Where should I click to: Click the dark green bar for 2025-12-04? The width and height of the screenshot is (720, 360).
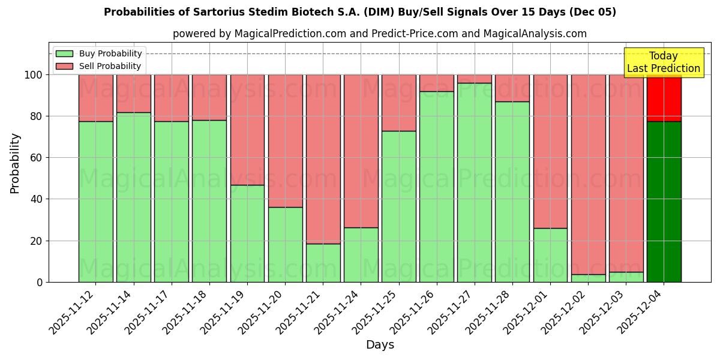point(664,202)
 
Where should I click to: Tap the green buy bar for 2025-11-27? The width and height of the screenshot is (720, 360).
point(474,182)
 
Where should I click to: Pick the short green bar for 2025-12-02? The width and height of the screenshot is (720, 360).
point(588,278)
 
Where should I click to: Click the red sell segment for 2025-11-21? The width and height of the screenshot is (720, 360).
point(323,159)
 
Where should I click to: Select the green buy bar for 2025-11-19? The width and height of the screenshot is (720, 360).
point(247,233)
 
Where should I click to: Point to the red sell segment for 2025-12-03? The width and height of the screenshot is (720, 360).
point(626,173)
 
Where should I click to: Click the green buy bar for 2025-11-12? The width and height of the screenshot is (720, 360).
point(95,202)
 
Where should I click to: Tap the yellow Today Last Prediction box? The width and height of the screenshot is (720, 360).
point(663,62)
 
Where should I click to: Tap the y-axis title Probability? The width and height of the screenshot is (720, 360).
point(15,163)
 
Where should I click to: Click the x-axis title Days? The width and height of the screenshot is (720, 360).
point(380,345)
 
